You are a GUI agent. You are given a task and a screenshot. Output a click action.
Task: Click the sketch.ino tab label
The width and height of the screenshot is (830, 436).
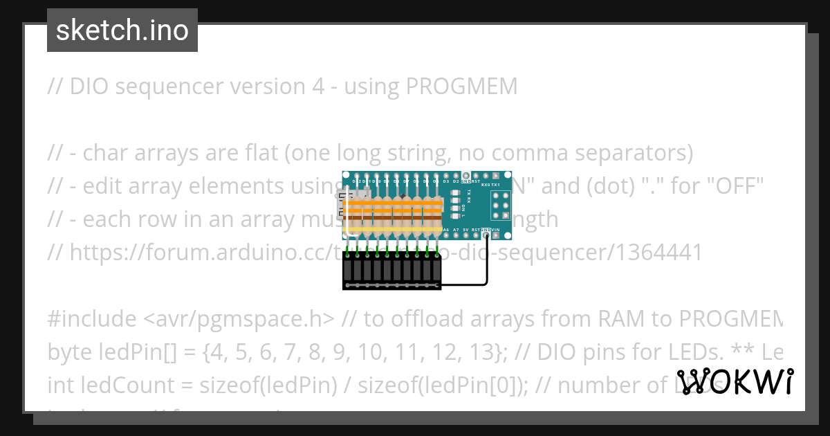point(122,30)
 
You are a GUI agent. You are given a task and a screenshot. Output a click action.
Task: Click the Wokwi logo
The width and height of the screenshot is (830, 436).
point(735,382)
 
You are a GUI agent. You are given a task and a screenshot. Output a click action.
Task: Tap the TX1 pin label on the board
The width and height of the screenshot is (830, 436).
point(495,185)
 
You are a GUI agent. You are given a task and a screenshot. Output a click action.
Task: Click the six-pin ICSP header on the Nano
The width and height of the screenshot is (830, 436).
point(500,203)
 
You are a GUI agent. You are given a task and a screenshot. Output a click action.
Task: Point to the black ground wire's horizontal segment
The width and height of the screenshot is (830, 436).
point(463,284)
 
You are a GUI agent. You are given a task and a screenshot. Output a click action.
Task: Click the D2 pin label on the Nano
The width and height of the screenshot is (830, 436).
point(456,181)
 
